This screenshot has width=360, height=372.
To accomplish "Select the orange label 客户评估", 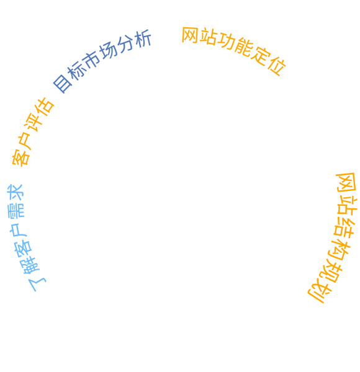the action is click(x=32, y=132).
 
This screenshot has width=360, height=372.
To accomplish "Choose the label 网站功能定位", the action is click(x=234, y=50).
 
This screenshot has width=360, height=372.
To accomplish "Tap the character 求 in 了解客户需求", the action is click(x=15, y=192).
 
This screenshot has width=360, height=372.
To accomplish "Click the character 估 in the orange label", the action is click(x=45, y=106).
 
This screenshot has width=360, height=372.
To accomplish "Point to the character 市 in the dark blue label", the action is click(x=91, y=60).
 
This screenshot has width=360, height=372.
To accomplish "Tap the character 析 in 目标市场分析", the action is click(x=143, y=38).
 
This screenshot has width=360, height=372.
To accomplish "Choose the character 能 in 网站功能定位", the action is click(x=244, y=47).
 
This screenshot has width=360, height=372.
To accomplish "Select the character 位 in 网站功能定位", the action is click(x=277, y=66).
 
